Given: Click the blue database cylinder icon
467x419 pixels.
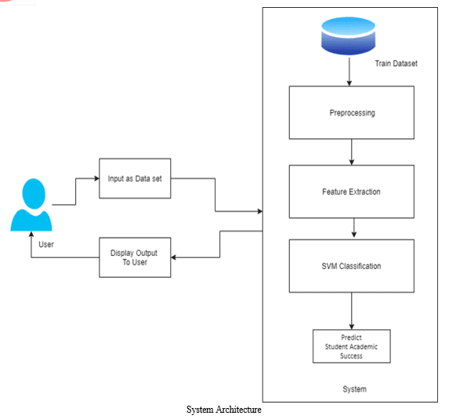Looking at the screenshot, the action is click(x=348, y=36).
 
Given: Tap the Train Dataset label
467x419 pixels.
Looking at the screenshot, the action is click(x=396, y=64).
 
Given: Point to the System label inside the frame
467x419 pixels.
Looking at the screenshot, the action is click(x=354, y=389).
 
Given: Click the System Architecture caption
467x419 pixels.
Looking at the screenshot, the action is click(x=224, y=410).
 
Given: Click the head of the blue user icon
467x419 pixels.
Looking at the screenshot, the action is click(x=34, y=194).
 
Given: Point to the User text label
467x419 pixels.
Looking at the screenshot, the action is click(x=46, y=245).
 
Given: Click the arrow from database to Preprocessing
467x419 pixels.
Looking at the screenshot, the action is click(x=349, y=72).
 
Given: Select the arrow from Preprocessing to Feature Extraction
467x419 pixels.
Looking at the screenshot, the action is click(x=352, y=152).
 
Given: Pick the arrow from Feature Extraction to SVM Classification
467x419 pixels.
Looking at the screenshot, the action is click(x=354, y=228).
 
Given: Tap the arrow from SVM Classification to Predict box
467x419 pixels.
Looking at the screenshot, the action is click(x=352, y=311).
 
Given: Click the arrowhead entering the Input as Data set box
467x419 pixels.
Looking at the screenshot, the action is click(x=96, y=178).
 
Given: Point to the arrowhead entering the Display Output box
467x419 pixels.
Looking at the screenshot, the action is click(x=173, y=257).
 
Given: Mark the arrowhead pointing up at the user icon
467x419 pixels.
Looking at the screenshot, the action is click(x=31, y=234).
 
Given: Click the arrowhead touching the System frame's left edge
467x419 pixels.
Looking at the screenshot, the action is click(x=259, y=211).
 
